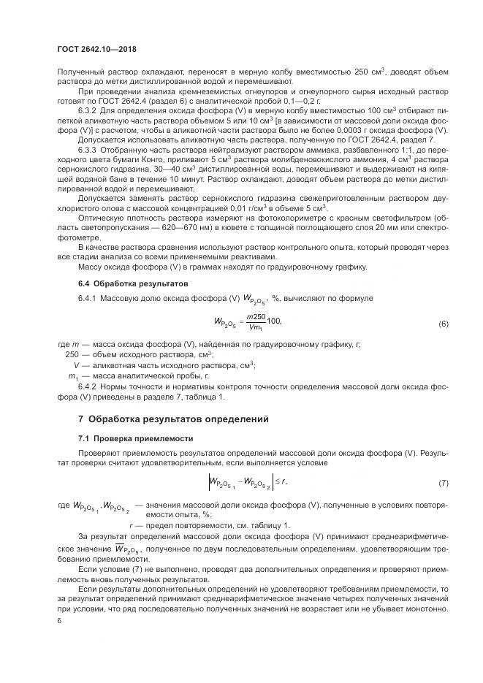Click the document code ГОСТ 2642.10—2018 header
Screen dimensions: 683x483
(96, 49)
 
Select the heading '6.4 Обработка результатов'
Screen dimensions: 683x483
(123, 282)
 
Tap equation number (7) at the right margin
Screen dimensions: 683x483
(443, 484)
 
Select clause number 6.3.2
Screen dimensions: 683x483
(92, 110)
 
